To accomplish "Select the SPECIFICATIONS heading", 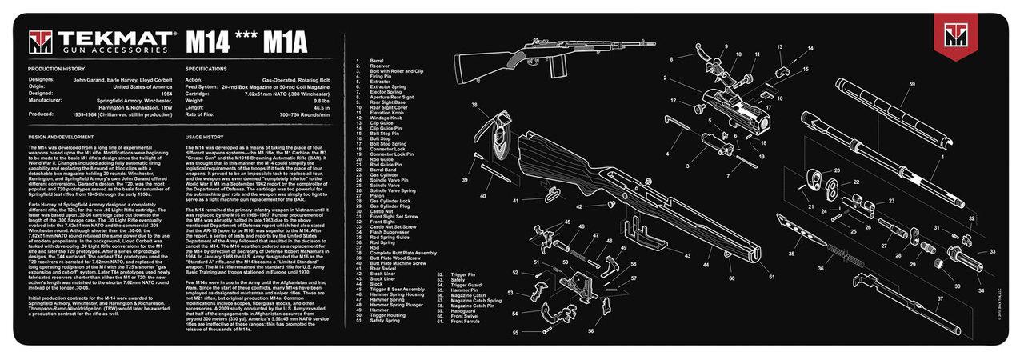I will tap(206, 69).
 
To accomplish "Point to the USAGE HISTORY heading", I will tap(205, 137).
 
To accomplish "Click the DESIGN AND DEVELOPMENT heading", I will tap(64, 137).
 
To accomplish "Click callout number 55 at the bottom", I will tap(514, 331).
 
